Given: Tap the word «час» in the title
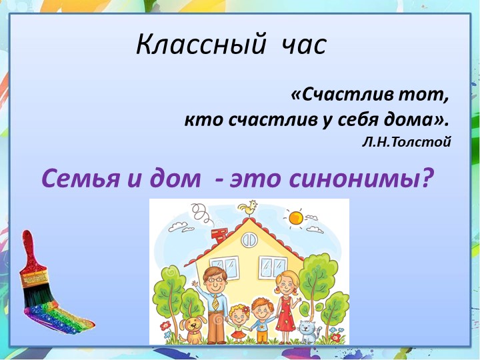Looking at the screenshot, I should pyautogui.click(x=303, y=45).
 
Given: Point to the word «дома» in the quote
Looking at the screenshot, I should pyautogui.click(x=413, y=120).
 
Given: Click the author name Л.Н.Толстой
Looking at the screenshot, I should pyautogui.click(x=407, y=141).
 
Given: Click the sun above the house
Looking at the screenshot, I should pyautogui.click(x=294, y=217).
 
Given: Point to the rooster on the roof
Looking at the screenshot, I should pyautogui.click(x=249, y=209).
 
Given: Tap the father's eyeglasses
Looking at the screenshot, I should pyautogui.click(x=215, y=278).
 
